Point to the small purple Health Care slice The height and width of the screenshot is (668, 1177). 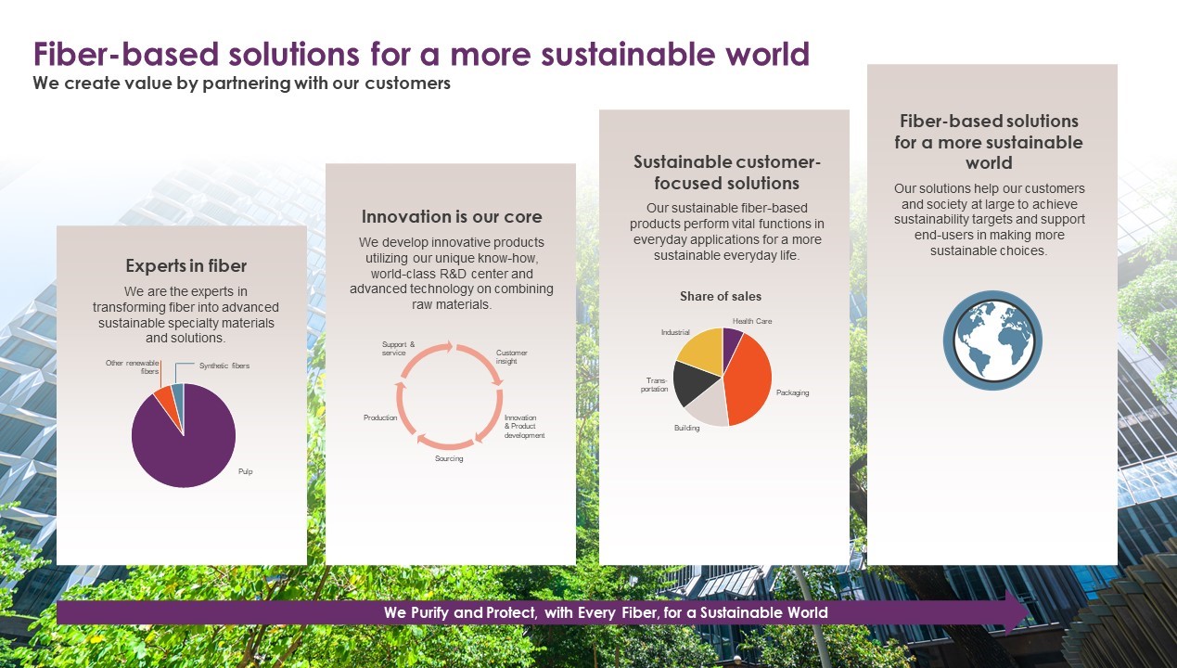click(x=731, y=341)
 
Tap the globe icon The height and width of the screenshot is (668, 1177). click(x=992, y=340)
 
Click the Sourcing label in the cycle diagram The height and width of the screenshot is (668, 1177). click(x=449, y=458)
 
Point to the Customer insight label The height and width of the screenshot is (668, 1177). click(x=511, y=357)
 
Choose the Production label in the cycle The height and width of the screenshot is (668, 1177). click(x=380, y=417)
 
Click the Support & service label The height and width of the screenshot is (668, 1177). click(x=398, y=349)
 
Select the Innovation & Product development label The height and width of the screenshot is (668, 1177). click(x=524, y=426)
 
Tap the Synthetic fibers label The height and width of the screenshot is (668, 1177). click(x=224, y=366)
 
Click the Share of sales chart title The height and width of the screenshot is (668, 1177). click(x=721, y=296)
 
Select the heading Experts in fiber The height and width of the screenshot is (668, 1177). click(x=186, y=266)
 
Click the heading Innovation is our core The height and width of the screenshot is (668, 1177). click(x=452, y=216)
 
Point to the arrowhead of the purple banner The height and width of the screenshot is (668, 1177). click(x=1029, y=612)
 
